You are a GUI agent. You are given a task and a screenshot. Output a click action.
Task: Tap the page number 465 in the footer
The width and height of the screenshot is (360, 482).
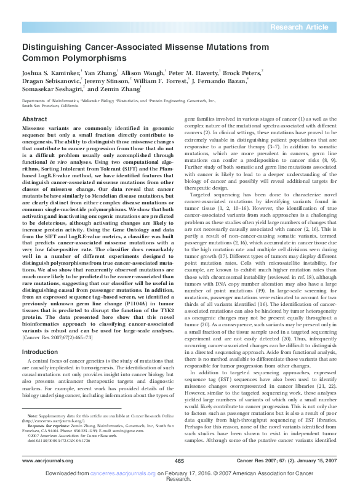[x=180, y=460]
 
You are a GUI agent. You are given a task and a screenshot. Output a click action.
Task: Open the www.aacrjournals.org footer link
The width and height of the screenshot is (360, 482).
[x=44, y=460]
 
